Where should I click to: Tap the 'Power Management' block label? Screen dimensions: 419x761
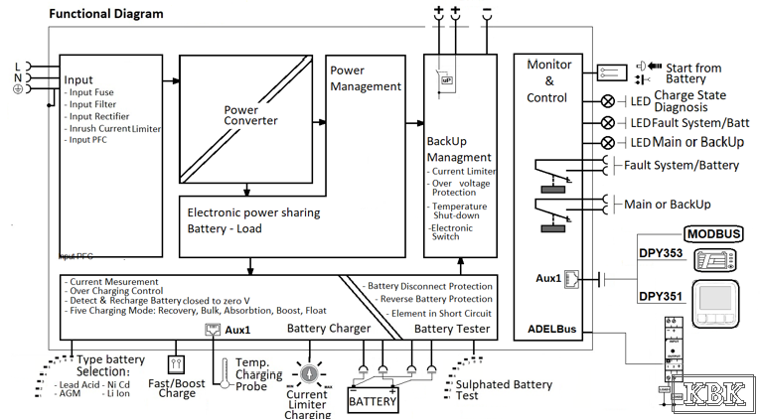(x=366, y=78)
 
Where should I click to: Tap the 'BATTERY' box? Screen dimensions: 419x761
(x=373, y=401)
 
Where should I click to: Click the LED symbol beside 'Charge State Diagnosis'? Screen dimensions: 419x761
(x=608, y=101)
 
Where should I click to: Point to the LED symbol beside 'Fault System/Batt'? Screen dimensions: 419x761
(x=608, y=122)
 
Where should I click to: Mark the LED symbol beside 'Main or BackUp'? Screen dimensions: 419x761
(x=608, y=142)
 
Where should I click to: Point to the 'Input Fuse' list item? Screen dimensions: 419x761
(x=91, y=92)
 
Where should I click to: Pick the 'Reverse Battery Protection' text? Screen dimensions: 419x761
(x=430, y=299)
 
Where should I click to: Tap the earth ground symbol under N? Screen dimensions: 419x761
(x=17, y=89)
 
